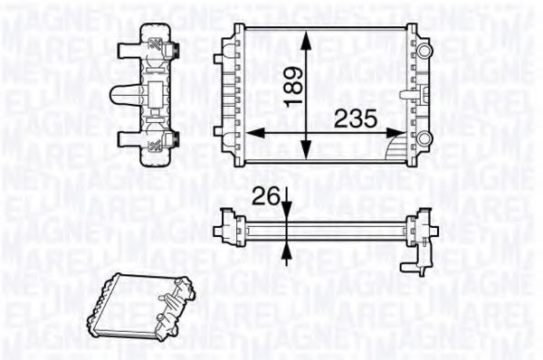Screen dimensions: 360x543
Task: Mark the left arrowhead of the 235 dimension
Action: pyautogui.click(x=252, y=132)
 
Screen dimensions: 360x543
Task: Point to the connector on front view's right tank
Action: pyautogui.click(x=408, y=92)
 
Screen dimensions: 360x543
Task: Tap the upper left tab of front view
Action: pyautogui.click(x=220, y=59)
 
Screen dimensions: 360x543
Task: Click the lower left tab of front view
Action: pyautogui.click(x=220, y=129)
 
